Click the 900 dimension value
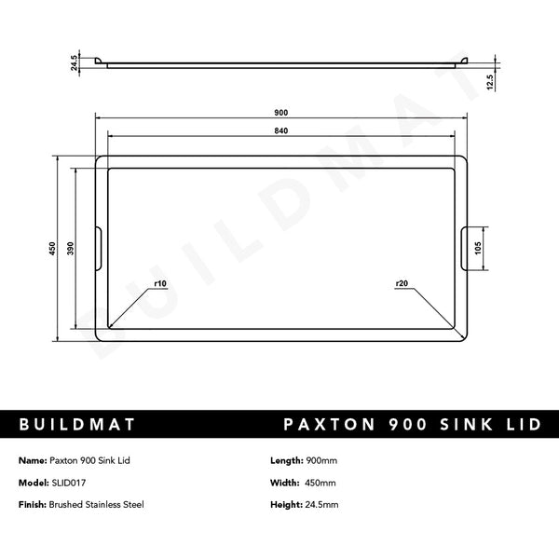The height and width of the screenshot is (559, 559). (x=280, y=113)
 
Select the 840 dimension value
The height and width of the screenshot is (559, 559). (x=280, y=130)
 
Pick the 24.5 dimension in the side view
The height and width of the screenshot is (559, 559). (x=72, y=61)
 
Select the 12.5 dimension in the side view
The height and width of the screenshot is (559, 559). (x=490, y=82)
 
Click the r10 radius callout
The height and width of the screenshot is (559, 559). (x=158, y=283)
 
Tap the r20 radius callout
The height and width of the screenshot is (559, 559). (x=402, y=283)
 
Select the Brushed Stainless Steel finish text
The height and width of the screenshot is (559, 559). (x=96, y=504)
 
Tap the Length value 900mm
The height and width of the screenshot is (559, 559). (x=322, y=461)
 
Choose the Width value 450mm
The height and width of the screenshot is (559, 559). (x=321, y=483)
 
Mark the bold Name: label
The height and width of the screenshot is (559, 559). (x=33, y=461)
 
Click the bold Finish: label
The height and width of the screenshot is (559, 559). (x=34, y=504)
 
